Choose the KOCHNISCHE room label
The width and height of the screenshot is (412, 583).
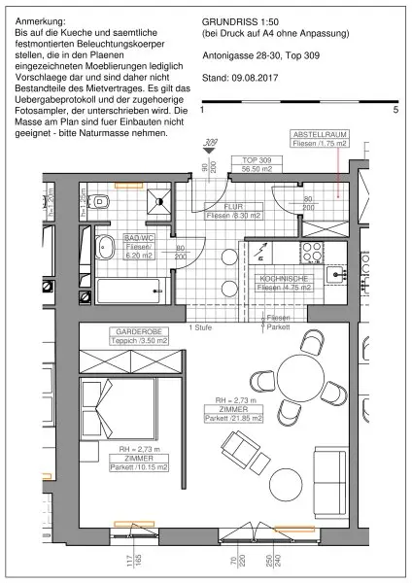click(x=284, y=283)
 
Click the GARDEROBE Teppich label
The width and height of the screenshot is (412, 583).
click(x=137, y=336)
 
